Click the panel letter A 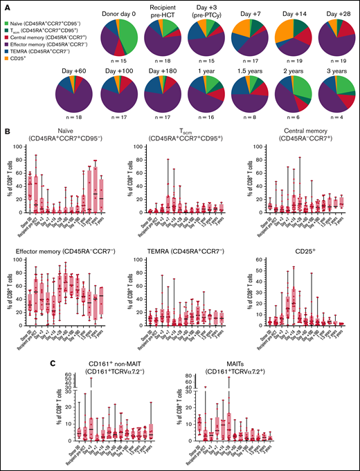pyautogui.click(x=4, y=4)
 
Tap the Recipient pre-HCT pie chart pyautogui.click(x=177, y=37)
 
